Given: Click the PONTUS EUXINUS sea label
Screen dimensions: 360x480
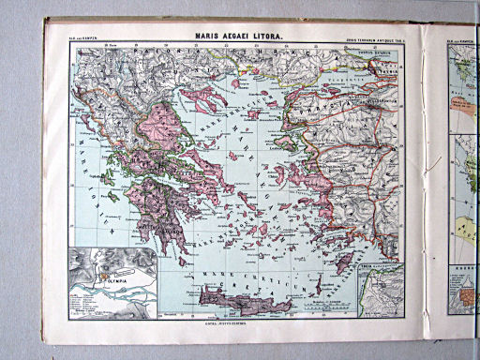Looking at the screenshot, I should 367,54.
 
